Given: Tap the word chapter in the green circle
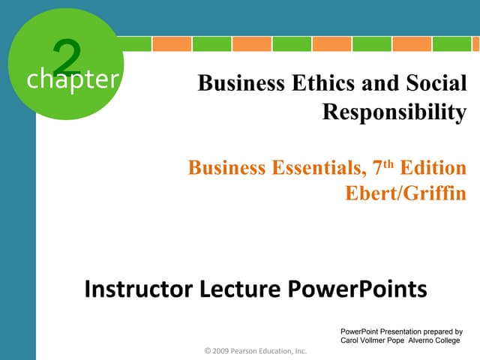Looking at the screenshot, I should pos(72,79).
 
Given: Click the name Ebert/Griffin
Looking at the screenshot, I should pos(405,193).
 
